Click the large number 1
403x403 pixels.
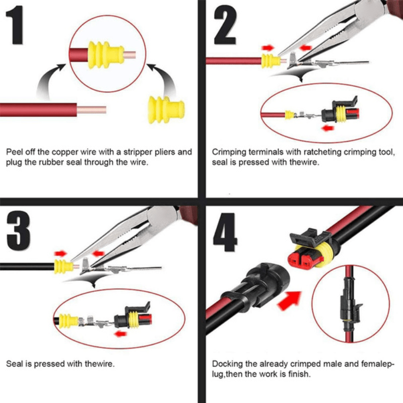click(x=17, y=26)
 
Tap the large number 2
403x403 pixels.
click(x=225, y=25)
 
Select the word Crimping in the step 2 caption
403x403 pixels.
click(x=229, y=152)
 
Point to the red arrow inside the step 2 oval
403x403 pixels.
click(x=329, y=128)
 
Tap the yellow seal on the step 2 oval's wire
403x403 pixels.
click(x=290, y=115)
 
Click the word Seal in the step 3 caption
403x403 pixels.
click(x=14, y=363)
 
